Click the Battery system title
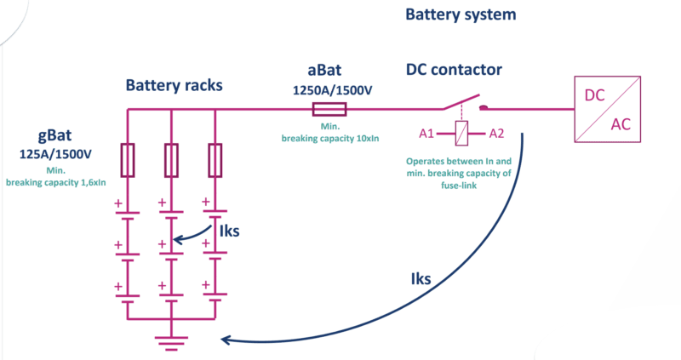(x=461, y=14)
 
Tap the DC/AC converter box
(x=608, y=109)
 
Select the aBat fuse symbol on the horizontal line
(x=329, y=109)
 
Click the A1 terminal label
(x=426, y=134)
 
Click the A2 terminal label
(x=496, y=134)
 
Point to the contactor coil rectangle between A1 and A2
(x=461, y=134)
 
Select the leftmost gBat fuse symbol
(x=127, y=160)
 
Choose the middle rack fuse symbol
(x=171, y=160)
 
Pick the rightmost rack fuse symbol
(x=215, y=160)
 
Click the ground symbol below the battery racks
(x=172, y=342)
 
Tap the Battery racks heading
(x=175, y=85)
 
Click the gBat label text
(x=54, y=135)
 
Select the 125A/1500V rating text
(x=55, y=154)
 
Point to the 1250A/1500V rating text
(x=332, y=90)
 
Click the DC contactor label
(x=454, y=70)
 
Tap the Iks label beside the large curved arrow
(x=421, y=279)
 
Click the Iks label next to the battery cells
(x=229, y=231)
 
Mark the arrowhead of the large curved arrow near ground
(x=225, y=340)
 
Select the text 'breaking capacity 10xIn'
(x=330, y=139)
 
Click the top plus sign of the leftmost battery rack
(x=118, y=203)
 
